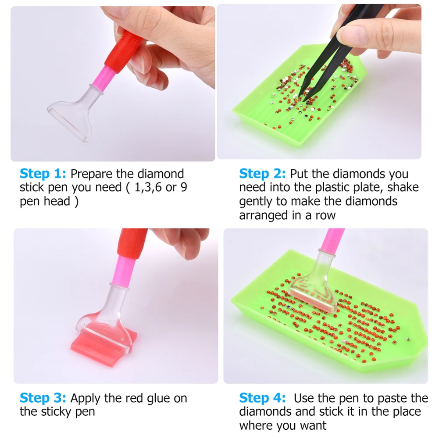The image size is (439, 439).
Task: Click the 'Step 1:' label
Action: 43,174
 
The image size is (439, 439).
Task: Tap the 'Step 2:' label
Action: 262,174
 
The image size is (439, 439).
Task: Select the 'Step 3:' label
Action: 43,398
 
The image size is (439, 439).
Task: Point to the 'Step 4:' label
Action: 262,398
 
